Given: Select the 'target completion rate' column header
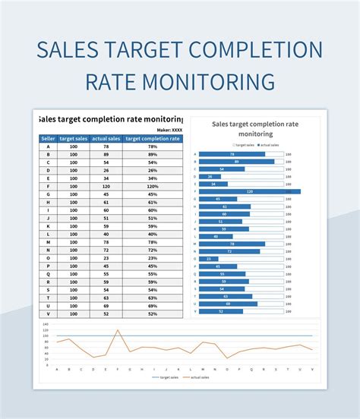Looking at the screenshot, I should click(153, 139).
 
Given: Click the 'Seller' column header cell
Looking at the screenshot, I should click(48, 139).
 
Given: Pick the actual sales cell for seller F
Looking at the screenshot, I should click(106, 186).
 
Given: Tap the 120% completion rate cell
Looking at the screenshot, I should click(153, 186).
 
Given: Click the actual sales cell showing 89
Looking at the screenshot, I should click(106, 155).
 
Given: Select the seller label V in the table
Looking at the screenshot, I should click(48, 313).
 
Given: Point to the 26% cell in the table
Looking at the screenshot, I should click(153, 171).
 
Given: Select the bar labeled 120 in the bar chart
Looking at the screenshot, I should click(249, 191).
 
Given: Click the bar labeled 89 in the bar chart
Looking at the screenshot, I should click(236, 162).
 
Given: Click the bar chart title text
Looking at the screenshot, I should click(254, 128).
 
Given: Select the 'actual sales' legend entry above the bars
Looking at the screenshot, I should click(269, 144).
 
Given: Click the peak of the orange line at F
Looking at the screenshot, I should click(118, 329).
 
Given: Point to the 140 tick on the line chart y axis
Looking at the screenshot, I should click(46, 324).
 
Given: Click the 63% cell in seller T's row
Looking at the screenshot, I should click(153, 298).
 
